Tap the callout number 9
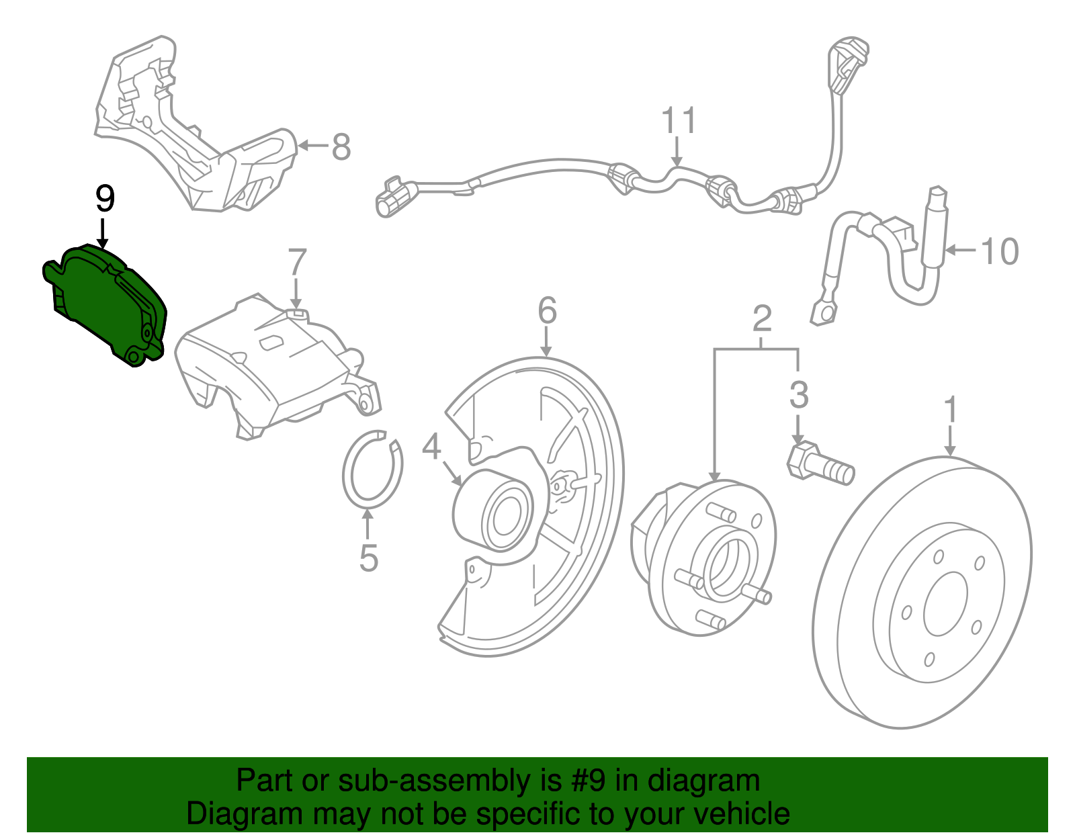tap(105, 199)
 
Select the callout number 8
tap(341, 146)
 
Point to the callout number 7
tap(297, 263)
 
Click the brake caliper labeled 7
tap(269, 363)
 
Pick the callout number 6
tap(547, 311)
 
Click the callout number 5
tap(368, 558)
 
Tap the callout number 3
tap(798, 395)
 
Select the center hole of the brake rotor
tap(945, 604)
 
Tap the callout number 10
tap(1000, 252)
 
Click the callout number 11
tap(678, 121)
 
